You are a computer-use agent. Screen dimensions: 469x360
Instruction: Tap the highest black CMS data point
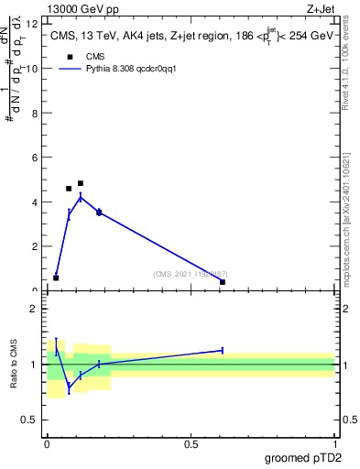(x=81, y=183)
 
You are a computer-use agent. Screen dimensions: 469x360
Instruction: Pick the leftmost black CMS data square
(x=56, y=278)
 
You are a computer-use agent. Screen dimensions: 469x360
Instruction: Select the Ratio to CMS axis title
(x=15, y=364)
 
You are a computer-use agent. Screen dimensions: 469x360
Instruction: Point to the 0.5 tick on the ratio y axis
(x=34, y=420)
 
